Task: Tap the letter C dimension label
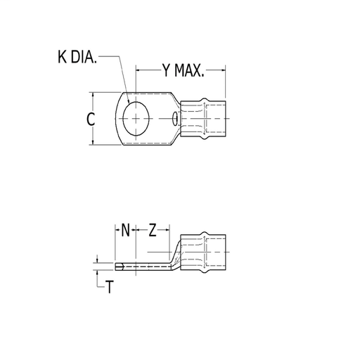point(91,120)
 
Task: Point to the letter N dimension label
point(124,230)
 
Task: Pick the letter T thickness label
point(109,287)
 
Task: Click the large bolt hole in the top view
point(134,119)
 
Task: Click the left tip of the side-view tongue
point(115,266)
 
